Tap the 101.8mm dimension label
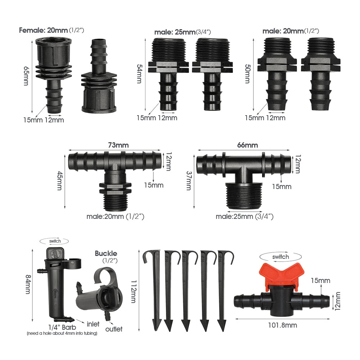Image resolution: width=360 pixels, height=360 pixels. [x=282, y=325]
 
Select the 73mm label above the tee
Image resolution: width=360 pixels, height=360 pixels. [x=118, y=145]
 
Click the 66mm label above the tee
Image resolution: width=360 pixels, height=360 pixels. [x=247, y=145]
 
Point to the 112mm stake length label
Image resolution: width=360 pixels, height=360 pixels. [x=134, y=291]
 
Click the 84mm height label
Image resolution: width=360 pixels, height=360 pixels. [x=28, y=284]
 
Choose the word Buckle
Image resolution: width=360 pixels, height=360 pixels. [x=106, y=253]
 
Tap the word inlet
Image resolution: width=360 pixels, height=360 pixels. [x=93, y=324]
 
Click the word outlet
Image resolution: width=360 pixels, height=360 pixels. [x=114, y=329]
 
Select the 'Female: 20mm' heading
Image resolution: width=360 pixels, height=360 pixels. [x=43, y=30]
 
